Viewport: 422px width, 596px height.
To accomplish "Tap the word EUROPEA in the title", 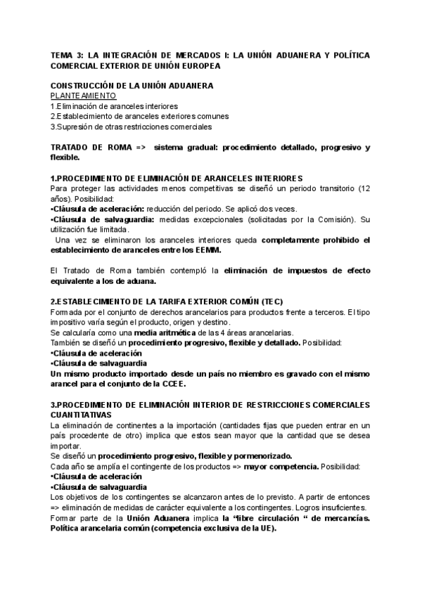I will coord(199,65).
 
